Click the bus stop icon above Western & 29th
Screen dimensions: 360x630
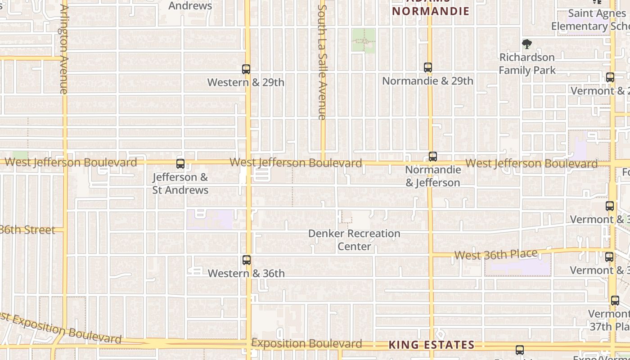click(x=246, y=69)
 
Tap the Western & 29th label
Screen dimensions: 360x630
click(x=246, y=82)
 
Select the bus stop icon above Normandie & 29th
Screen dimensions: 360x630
click(x=428, y=67)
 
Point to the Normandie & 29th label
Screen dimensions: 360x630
click(x=427, y=81)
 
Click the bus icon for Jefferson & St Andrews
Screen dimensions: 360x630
click(x=180, y=164)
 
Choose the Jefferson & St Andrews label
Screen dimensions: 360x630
click(x=180, y=184)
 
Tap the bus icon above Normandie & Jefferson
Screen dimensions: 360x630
click(x=433, y=157)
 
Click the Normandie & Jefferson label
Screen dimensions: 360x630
click(x=433, y=176)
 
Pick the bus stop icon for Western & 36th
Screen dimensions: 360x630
click(x=247, y=260)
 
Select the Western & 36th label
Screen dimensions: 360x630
click(x=246, y=273)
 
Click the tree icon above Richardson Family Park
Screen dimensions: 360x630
click(x=527, y=44)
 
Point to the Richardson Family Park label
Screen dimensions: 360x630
click(x=527, y=64)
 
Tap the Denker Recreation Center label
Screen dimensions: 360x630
click(x=354, y=240)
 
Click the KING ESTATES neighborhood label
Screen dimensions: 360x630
click(x=431, y=345)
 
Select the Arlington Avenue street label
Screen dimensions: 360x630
click(x=63, y=49)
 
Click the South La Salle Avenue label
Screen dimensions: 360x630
click(x=322, y=62)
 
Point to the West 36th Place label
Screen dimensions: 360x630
click(x=496, y=255)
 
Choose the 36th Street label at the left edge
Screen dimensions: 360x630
click(x=27, y=230)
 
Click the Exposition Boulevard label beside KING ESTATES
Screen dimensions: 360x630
click(x=306, y=344)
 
